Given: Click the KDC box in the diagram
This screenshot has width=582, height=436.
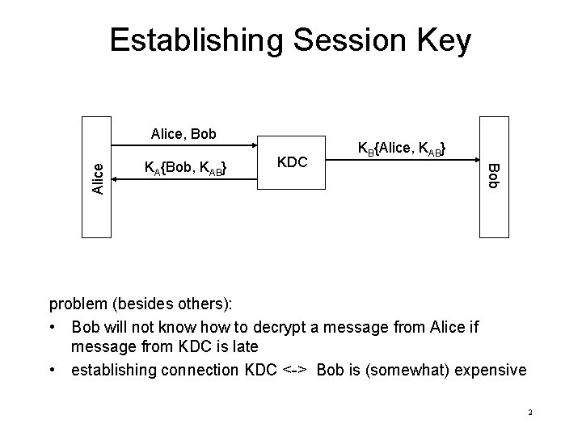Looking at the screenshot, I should [291, 161].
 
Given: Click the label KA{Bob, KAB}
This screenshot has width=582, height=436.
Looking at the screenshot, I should [184, 168].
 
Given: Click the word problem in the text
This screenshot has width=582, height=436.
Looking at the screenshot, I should [79, 304].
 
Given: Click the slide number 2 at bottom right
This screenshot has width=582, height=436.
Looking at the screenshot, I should [529, 413].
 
